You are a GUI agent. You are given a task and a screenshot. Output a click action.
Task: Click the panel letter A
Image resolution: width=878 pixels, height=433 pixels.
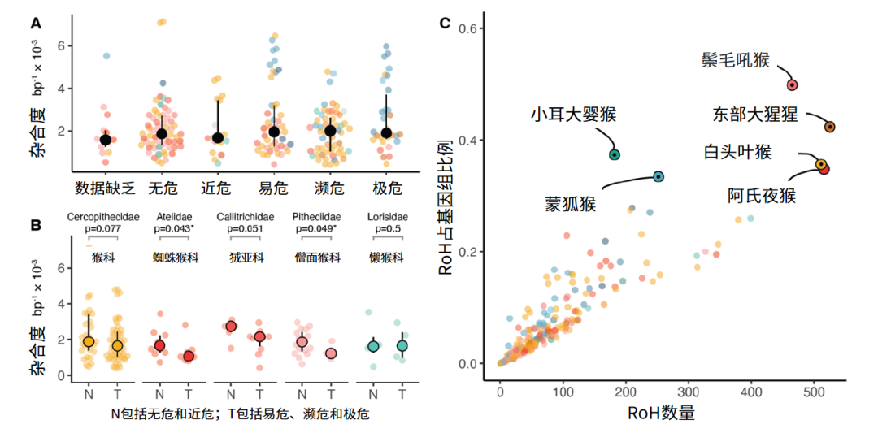[36, 24]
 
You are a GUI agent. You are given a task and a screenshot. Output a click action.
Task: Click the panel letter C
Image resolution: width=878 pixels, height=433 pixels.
[445, 24]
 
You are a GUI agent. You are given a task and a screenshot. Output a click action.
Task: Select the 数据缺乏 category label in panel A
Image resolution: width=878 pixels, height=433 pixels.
[105, 189]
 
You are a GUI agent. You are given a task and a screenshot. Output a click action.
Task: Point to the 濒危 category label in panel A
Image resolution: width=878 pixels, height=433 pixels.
[330, 189]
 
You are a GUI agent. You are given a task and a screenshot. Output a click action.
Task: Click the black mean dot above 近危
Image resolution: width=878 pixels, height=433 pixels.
[217, 138]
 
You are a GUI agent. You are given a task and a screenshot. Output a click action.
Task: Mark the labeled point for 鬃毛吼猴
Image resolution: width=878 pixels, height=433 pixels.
[792, 84]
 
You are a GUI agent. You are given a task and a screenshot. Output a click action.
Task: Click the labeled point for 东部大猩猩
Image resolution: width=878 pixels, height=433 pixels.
[829, 127]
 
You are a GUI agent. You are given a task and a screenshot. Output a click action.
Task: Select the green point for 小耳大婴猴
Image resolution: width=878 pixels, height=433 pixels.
[615, 154]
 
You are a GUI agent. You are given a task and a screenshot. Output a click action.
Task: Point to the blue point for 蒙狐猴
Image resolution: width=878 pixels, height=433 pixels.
[658, 176]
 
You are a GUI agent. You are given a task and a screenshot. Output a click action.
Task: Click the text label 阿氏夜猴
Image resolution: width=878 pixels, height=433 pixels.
[761, 196]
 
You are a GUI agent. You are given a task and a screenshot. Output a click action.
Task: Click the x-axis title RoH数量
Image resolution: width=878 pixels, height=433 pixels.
[661, 413]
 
